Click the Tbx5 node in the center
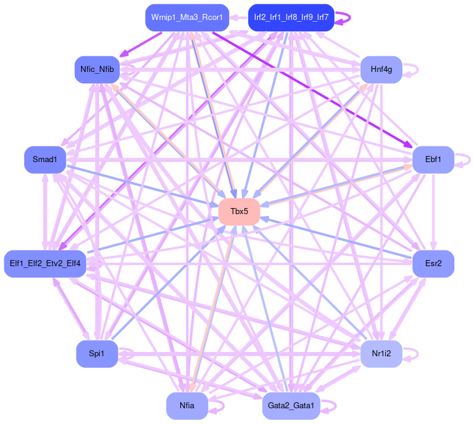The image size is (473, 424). pos(240,211)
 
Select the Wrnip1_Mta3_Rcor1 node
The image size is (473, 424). pos(186,18)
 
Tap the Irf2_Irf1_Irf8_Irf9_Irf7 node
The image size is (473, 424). pos(291,18)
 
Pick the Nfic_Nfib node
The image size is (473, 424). pos(97,70)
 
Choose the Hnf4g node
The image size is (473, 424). pos(381,70)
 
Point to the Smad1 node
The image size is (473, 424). pos(45,160)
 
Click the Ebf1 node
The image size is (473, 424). pos(432,160)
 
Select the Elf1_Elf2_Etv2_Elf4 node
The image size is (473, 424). pos(45,263)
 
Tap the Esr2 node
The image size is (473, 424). pos(432,263)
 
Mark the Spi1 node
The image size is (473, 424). pos(97,353)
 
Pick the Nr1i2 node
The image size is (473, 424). pos(381,353)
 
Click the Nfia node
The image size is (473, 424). pos(187,405)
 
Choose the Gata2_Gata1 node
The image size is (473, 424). pos(291,405)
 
